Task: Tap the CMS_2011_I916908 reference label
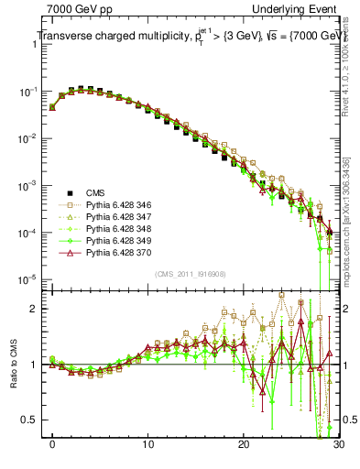(190, 274)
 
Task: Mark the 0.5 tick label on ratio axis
(31, 420)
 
